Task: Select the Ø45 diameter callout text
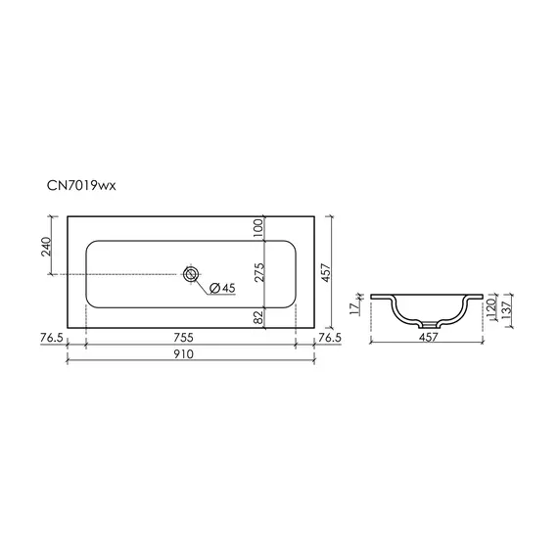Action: [x=223, y=288]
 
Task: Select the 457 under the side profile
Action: [x=428, y=338]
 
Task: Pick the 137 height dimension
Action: [x=507, y=311]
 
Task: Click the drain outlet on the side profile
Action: [x=428, y=324]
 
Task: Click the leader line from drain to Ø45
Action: [x=203, y=281]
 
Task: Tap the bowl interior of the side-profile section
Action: [x=428, y=308]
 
